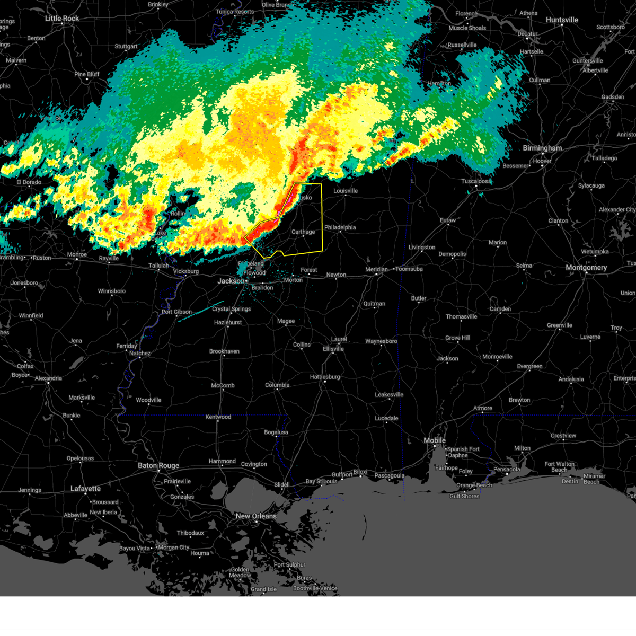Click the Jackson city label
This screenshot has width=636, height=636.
point(231,281)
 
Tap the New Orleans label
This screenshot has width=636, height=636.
point(256,516)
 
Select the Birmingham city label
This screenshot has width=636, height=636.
point(542,148)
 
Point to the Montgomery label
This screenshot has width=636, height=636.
point(586,268)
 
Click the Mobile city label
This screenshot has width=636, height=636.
point(435,441)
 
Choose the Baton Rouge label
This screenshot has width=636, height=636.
point(158,466)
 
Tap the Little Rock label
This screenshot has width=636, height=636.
point(62,19)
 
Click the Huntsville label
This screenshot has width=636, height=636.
point(562,20)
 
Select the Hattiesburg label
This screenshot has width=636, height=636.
point(325,377)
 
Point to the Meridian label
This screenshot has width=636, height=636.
point(376,269)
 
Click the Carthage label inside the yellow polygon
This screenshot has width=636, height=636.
point(303,232)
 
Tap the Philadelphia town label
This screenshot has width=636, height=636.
point(340,228)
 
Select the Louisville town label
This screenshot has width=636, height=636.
point(346,191)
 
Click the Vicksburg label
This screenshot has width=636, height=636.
point(186,272)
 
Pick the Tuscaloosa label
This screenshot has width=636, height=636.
point(476,181)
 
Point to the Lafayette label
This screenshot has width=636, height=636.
point(85,489)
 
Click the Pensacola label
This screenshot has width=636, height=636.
point(507,469)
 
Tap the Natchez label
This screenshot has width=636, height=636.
point(140,354)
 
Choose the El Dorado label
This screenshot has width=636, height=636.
point(29,182)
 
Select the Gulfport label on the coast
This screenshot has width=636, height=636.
point(342,475)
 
